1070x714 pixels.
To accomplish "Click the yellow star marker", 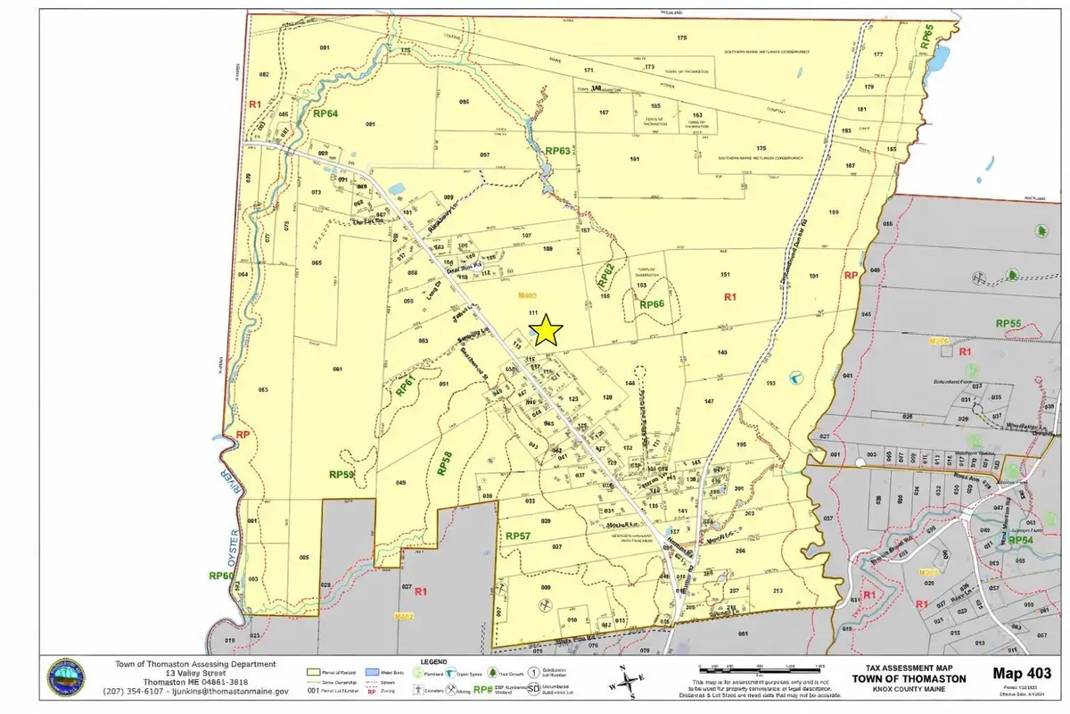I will (x=546, y=332).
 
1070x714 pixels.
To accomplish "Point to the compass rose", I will (x=629, y=682).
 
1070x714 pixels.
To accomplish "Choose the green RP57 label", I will (x=518, y=535).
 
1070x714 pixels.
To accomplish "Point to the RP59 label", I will (x=342, y=475).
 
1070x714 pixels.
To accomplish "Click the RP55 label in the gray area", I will (x=1008, y=323).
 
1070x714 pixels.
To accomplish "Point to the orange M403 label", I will (x=531, y=295).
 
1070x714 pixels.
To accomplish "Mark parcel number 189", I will (x=835, y=212).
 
